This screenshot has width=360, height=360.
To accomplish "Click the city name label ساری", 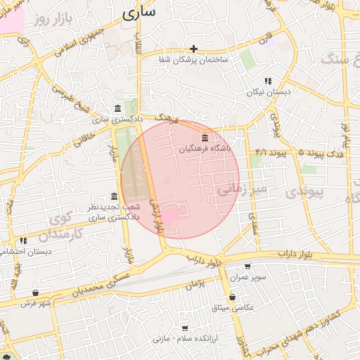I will (138, 13).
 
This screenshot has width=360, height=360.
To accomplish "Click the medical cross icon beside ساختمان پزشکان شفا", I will (194, 49).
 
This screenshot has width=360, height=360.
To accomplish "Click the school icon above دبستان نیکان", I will (267, 81).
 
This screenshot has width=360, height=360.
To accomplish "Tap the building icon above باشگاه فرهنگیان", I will (205, 138).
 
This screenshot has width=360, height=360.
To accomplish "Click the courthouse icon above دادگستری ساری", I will (117, 109).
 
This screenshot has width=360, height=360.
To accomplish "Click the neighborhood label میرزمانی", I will (240, 188).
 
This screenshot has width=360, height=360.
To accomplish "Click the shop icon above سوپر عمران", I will (247, 266).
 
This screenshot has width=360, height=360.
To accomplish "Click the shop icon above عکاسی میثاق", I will (232, 297).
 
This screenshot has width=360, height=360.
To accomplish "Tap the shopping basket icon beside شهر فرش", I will (35, 293).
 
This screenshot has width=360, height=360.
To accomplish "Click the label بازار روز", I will (52, 18).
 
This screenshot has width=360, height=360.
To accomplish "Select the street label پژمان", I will (195, 284).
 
